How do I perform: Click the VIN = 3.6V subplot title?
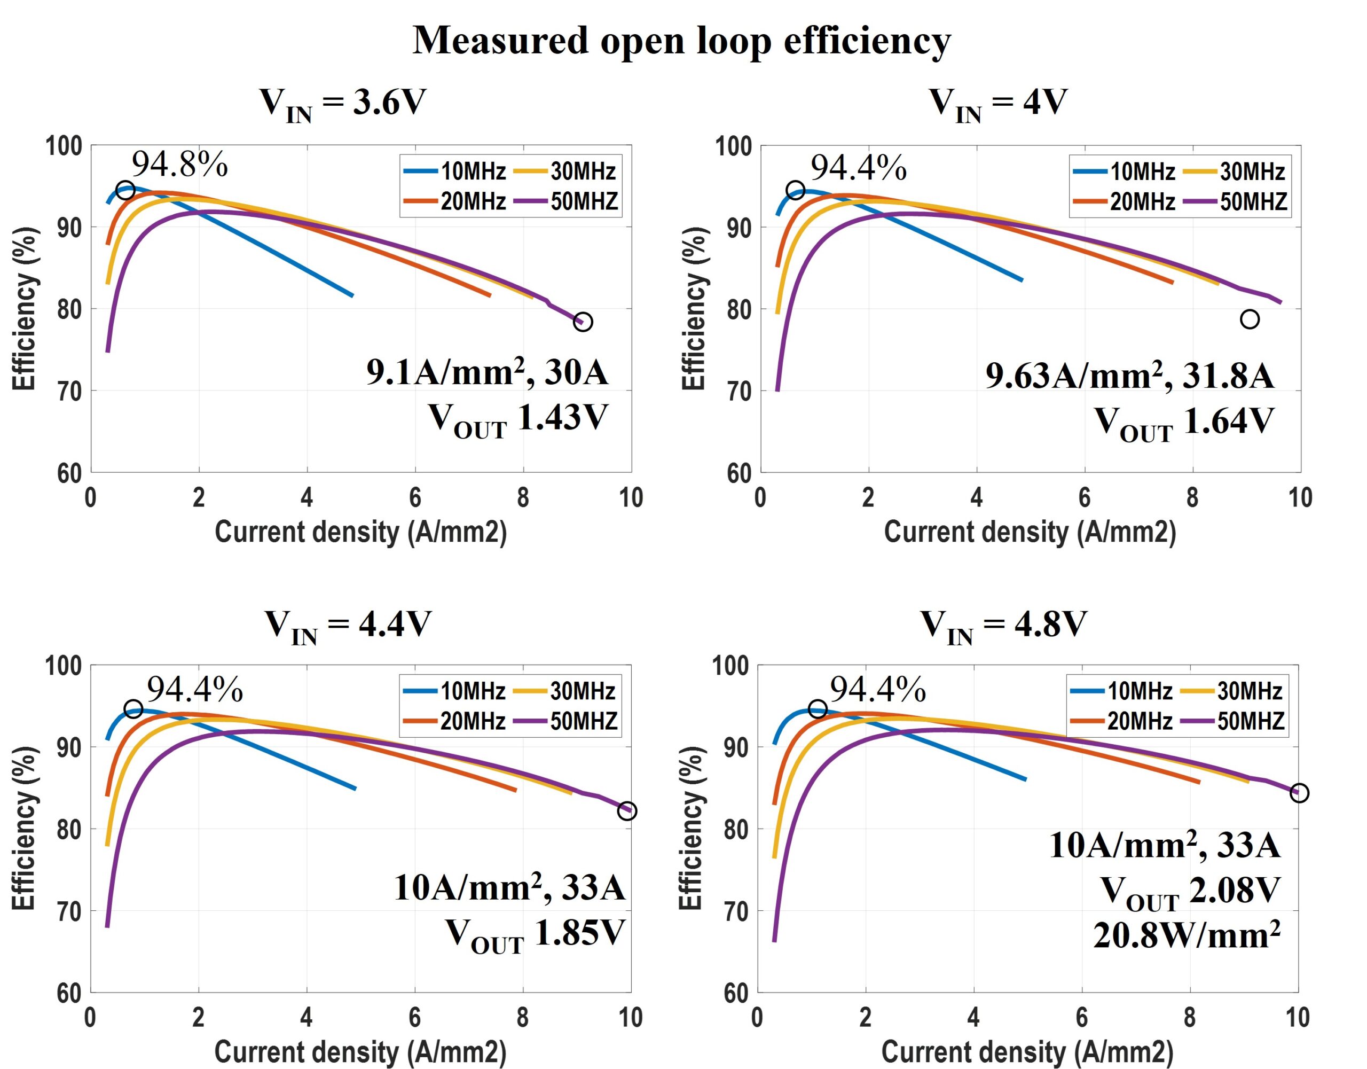pyautogui.click(x=343, y=103)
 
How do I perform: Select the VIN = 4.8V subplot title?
pyautogui.click(x=1003, y=625)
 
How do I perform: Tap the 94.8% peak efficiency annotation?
pyautogui.click(x=179, y=165)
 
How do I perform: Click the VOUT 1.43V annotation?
pyautogui.click(x=518, y=418)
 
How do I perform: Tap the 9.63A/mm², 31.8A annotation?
pyautogui.click(x=1130, y=376)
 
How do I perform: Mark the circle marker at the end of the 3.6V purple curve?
pyautogui.click(x=583, y=322)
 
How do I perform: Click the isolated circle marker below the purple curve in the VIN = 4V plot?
pyautogui.click(x=1250, y=319)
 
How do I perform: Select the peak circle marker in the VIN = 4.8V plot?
pyautogui.click(x=818, y=709)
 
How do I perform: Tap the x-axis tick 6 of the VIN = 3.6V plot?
pyautogui.click(x=415, y=498)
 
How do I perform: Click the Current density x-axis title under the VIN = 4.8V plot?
pyautogui.click(x=1027, y=1051)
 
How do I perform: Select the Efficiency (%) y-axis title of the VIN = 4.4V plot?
pyautogui.click(x=24, y=828)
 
